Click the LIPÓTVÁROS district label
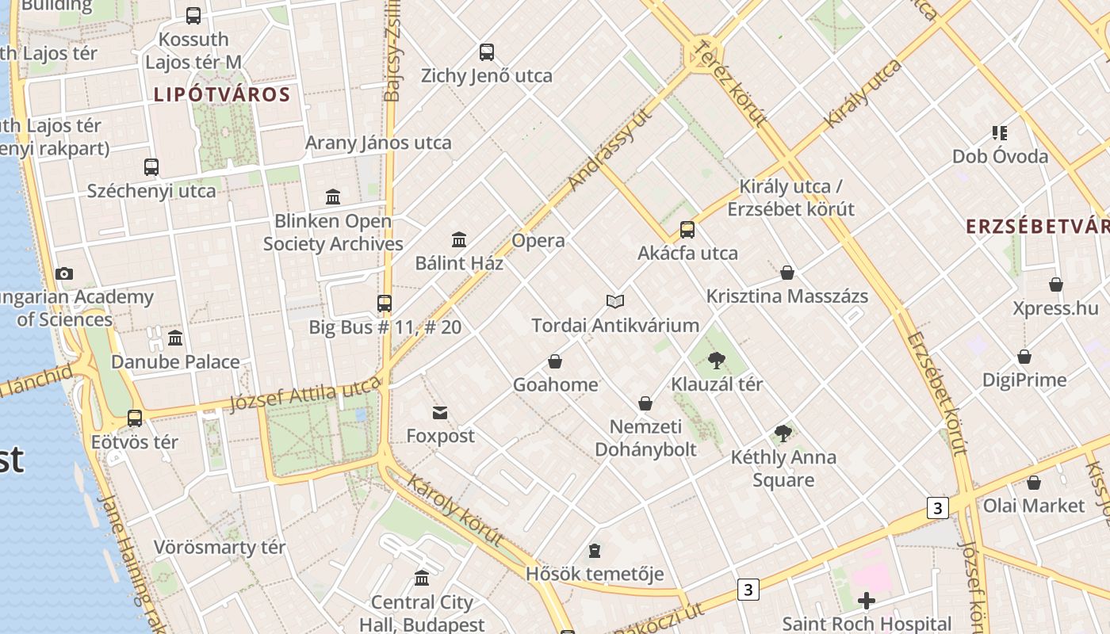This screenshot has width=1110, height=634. pos(222,95)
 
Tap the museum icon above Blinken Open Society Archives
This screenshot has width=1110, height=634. pos(333,196)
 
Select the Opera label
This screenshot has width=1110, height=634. pos(538,241)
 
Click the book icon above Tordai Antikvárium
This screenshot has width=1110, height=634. pos(615,301)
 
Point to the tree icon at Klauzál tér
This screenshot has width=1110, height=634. pos(717,361)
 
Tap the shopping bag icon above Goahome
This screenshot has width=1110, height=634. pos(555,361)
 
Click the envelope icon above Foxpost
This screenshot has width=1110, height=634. pos(440,412)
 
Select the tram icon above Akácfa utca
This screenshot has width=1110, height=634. pos(687,230)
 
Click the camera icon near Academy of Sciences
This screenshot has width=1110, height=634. pos(64,273)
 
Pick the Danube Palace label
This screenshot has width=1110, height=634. pos(175,362)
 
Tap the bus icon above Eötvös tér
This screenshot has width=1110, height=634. pos(135,418)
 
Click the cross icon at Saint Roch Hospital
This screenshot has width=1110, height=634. pos(867,601)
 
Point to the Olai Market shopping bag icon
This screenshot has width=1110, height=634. pos(1033,483)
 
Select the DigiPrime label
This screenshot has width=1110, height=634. pos(1024,380)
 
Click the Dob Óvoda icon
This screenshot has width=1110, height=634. pos(999,132)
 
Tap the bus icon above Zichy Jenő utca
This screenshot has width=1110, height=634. pos(487,52)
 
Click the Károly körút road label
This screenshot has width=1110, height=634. pos(456,510)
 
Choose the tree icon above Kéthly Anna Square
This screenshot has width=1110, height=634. pos(783,433)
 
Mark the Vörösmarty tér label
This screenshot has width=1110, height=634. pos(220,548)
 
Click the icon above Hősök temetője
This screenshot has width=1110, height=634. pos(595,550)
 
